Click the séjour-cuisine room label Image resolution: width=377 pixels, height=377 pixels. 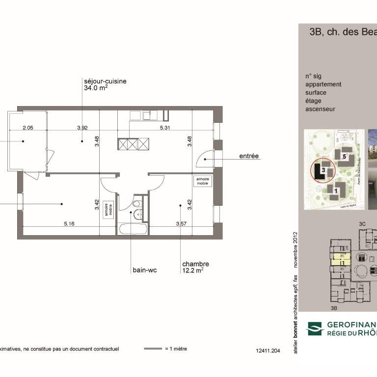point(105,81)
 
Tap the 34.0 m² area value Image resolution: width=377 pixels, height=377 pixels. point(96,88)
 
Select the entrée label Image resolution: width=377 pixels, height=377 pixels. point(249,157)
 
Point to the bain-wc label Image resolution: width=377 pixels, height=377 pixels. point(144,270)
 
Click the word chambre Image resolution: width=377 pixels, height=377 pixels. point(195,264)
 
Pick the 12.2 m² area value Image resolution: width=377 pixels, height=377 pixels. point(192,270)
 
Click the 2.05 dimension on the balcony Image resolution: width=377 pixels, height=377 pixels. point(27,128)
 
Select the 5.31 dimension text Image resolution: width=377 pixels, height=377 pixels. point(164,128)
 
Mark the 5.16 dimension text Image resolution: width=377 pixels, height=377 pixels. point(69,224)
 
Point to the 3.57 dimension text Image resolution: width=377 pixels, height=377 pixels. point(182,224)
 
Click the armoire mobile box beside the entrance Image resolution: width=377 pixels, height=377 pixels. point(203,181)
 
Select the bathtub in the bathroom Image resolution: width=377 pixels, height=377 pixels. point(132,229)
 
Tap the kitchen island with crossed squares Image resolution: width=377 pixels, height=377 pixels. point(133,144)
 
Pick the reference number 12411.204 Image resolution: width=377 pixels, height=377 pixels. point(268,351)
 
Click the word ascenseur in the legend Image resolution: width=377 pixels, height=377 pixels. point(320,109)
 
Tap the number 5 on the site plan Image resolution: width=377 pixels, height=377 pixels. point(345,157)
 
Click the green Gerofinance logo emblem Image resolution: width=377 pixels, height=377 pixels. point(315,328)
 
